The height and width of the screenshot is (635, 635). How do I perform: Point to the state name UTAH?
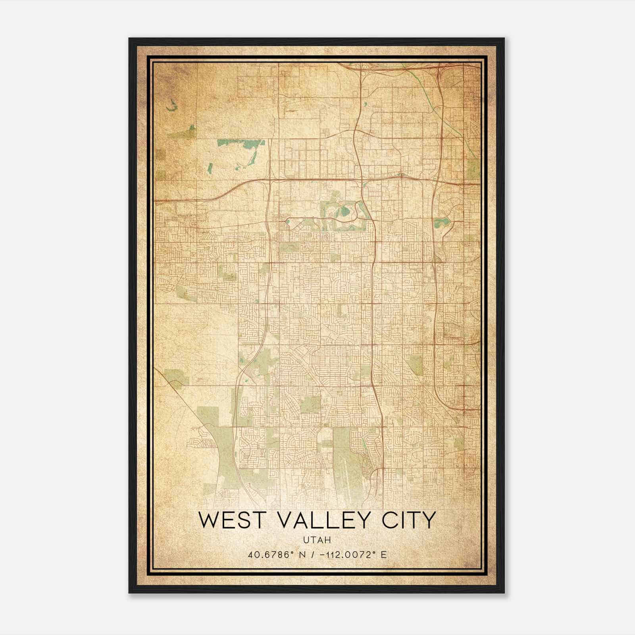click(317, 540)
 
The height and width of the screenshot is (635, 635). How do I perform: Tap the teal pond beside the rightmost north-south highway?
click(441, 221)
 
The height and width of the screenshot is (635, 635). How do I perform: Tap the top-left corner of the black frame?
click(129, 39)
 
